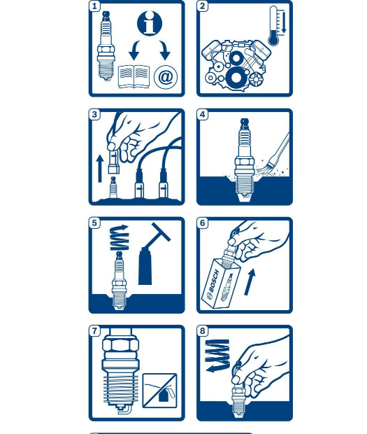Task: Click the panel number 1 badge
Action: (x=94, y=6)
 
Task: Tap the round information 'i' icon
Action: (x=150, y=23)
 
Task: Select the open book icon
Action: (x=134, y=77)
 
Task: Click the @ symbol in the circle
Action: (x=166, y=77)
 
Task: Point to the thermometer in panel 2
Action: (x=273, y=26)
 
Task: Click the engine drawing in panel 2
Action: (x=236, y=64)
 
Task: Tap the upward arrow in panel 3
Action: (x=100, y=169)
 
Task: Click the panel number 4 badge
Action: (x=203, y=114)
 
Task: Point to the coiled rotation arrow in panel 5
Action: (x=120, y=238)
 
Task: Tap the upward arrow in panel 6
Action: (x=250, y=282)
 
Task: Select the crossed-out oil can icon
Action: (x=160, y=391)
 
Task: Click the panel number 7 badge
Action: (x=94, y=331)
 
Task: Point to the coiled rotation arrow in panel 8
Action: (x=218, y=356)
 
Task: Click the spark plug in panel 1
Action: (x=106, y=46)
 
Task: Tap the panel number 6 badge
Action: (x=203, y=223)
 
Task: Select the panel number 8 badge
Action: (x=203, y=331)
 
